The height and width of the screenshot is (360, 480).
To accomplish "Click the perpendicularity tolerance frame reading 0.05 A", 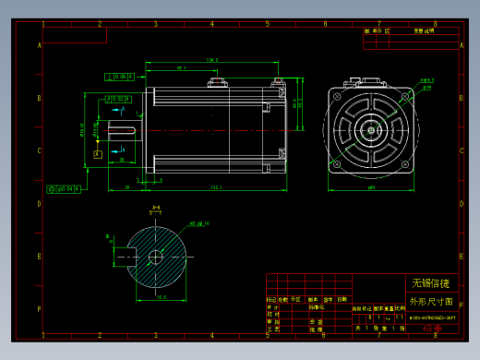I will tap(121, 77).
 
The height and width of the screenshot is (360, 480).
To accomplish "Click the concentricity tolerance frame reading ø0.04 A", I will tap(62, 188).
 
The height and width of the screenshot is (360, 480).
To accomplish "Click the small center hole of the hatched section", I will tap(154, 256).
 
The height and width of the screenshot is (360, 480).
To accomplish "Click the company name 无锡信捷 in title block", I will tap(430, 282).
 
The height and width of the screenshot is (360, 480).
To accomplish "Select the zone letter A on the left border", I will tap(39, 44).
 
